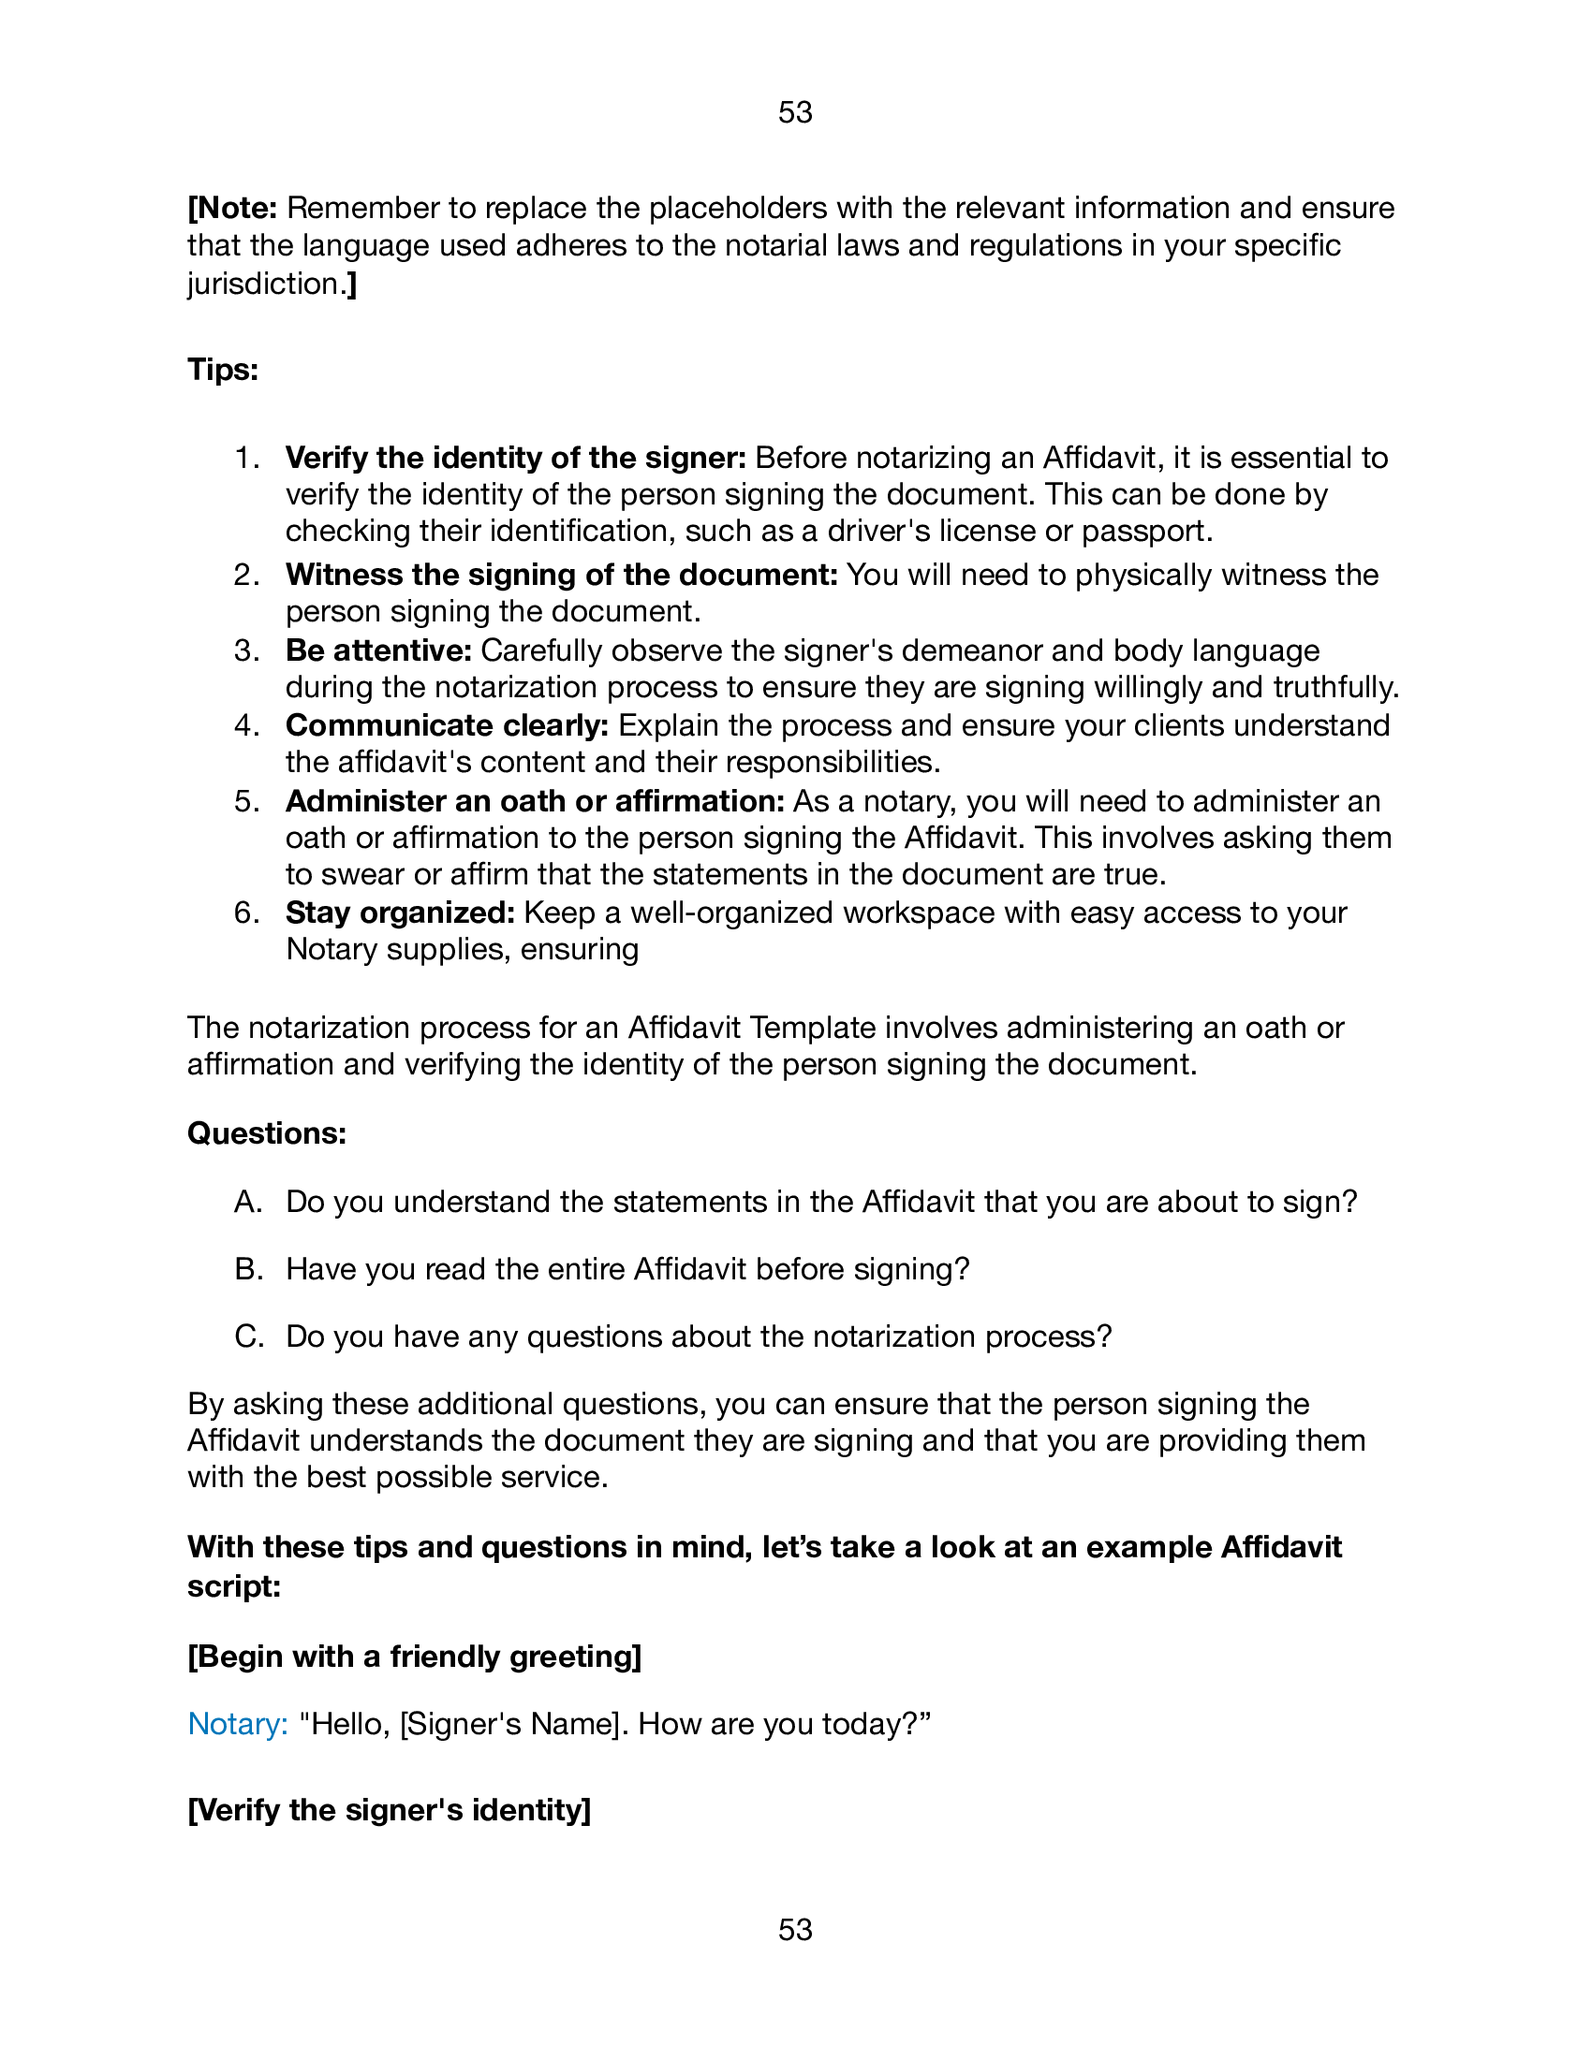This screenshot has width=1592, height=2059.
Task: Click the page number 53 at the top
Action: [795, 112]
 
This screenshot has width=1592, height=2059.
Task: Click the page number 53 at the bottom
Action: [795, 1929]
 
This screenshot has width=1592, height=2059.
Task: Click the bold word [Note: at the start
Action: [232, 208]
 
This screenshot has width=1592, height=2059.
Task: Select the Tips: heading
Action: [223, 369]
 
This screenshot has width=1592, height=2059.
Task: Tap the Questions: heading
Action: [267, 1132]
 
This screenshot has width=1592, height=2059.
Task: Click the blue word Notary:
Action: [238, 1723]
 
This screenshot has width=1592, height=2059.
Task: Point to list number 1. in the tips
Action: [247, 459]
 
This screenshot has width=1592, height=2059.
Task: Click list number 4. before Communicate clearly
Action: [247, 726]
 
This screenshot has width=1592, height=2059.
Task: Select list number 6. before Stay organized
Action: [247, 913]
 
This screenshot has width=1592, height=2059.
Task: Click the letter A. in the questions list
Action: [247, 1202]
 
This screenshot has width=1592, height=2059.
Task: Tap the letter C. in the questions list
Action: [248, 1336]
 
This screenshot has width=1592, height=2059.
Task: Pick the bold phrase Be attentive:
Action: [378, 650]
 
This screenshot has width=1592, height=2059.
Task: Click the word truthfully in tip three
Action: [1334, 687]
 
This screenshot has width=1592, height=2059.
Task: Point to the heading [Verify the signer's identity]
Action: [389, 1810]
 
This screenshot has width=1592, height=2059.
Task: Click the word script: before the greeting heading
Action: [234, 1585]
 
